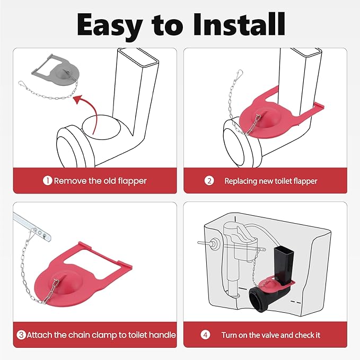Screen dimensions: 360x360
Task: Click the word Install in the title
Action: click(x=239, y=24)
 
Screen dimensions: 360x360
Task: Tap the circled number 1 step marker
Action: click(x=47, y=181)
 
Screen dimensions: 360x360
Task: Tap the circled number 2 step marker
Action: click(x=209, y=181)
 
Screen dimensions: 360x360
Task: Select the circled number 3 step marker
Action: click(x=21, y=335)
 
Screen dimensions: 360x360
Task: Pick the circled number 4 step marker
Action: click(x=205, y=335)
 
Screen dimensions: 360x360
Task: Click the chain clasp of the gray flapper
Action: click(x=22, y=84)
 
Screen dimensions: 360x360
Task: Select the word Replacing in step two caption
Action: click(x=241, y=181)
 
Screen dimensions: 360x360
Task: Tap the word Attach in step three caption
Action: click(x=39, y=335)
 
